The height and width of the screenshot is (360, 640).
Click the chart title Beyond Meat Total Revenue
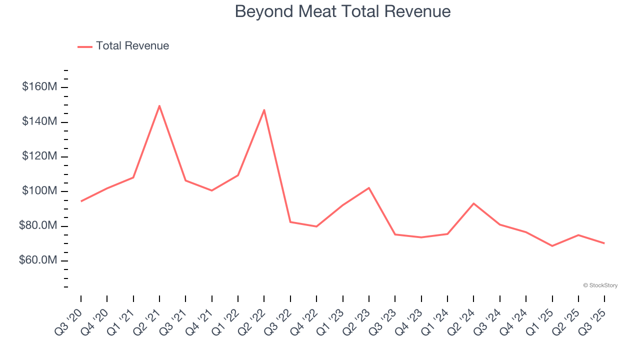click(342, 11)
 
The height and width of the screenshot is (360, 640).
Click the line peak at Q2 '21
click(159, 105)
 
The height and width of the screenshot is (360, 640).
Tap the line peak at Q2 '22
click(264, 109)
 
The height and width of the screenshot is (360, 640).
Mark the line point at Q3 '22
click(290, 222)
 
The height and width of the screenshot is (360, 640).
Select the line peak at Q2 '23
click(369, 188)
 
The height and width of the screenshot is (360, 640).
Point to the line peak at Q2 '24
click(473, 203)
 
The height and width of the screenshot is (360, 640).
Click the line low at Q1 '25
click(552, 246)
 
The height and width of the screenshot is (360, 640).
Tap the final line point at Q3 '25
click(604, 243)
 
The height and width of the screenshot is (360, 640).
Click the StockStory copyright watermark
click(600, 285)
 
